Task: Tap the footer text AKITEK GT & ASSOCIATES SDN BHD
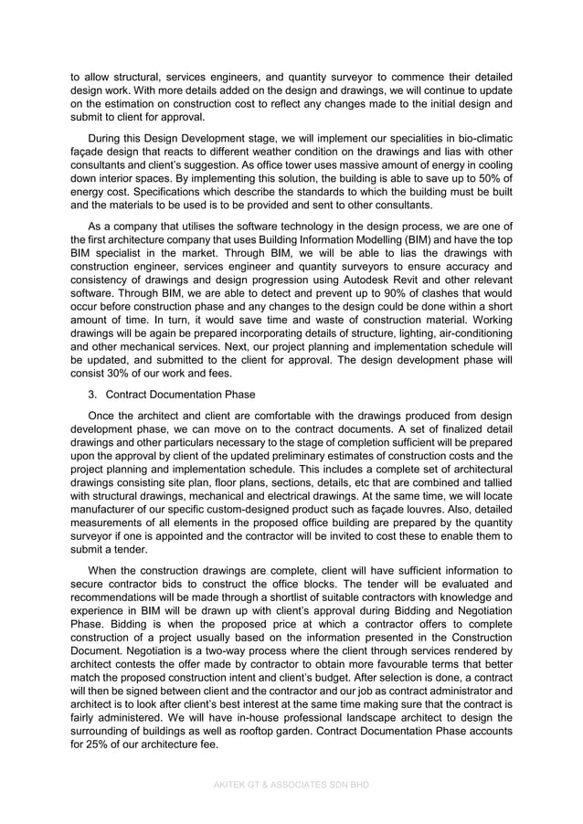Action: pyautogui.click(x=291, y=784)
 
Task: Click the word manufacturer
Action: pyautogui.click(x=107, y=507)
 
